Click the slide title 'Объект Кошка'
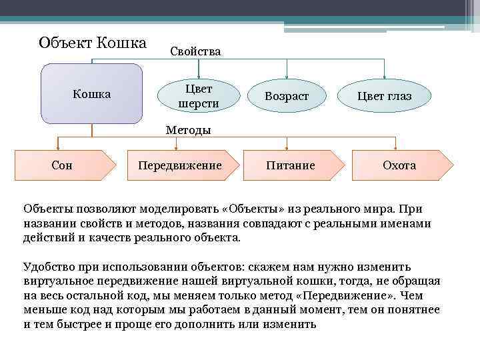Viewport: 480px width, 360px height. (x=92, y=43)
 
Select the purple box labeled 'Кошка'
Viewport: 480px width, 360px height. (x=92, y=94)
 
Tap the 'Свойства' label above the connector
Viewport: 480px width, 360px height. (x=195, y=51)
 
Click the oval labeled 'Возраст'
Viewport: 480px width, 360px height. (x=287, y=96)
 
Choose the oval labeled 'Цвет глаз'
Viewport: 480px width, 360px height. (x=384, y=96)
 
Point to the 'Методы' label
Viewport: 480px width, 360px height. (x=189, y=130)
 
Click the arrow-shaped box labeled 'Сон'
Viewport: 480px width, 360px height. (x=62, y=165)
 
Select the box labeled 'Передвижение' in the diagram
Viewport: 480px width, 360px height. (x=179, y=165)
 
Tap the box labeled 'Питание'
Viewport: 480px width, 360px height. (x=291, y=165)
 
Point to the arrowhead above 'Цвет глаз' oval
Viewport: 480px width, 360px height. (x=385, y=77)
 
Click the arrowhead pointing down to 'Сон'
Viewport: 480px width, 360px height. (x=59, y=147)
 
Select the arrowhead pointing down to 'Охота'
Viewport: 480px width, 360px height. (x=396, y=147)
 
